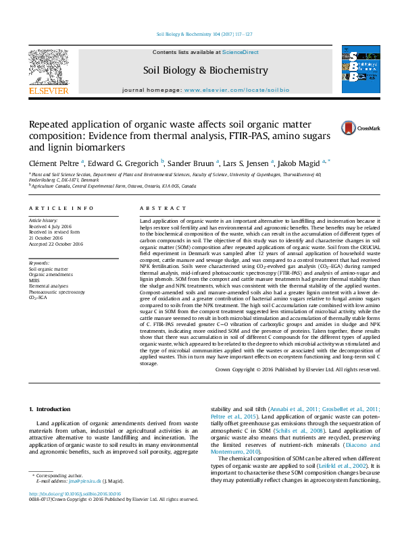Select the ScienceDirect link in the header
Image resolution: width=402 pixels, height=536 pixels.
click(241, 52)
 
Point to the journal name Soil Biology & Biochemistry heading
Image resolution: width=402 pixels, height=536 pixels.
click(205, 70)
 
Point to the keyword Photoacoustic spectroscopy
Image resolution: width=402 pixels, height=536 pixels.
click(57, 292)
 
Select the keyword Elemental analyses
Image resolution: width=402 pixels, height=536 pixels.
click(48, 286)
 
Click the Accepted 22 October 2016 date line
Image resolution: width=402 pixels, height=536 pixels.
click(56, 244)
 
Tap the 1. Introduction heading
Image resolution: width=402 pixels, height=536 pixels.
click(51, 410)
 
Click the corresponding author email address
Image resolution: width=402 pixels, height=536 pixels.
click(87, 482)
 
